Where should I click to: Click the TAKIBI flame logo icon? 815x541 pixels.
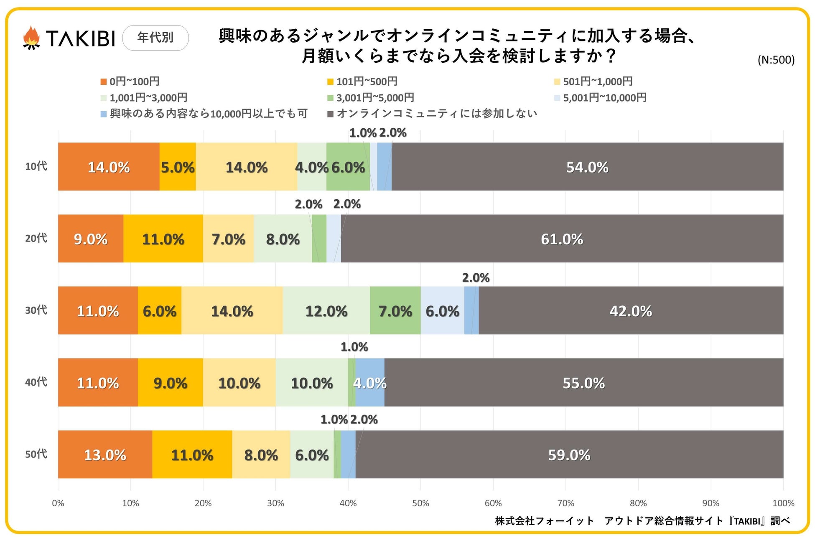31,38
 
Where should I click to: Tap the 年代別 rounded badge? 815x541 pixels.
155,38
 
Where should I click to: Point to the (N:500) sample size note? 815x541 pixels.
776,60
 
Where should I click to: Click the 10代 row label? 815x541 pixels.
36,166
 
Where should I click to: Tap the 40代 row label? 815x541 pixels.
36,382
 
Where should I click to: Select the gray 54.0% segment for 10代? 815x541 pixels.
587,167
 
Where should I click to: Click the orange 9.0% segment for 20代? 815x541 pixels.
91,239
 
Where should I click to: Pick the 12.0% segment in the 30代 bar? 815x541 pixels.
326,310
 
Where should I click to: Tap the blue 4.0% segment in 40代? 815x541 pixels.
370,382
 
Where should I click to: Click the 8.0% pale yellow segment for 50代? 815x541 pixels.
261,455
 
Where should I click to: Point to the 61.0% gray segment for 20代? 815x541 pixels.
562,239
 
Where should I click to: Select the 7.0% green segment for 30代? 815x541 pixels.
395,310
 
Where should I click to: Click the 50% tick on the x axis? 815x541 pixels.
420,503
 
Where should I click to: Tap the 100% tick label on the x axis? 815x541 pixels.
783,503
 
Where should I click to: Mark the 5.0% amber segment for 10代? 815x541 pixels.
178,167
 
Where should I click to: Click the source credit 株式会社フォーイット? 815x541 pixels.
545,521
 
